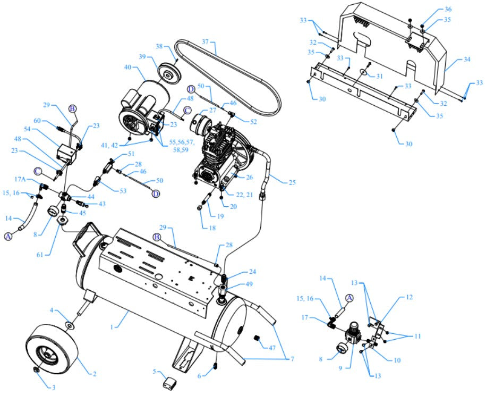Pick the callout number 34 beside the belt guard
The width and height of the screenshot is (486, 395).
(x=467, y=60)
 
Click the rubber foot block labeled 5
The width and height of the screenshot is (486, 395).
(x=170, y=382)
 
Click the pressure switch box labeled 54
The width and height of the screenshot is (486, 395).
(x=67, y=155)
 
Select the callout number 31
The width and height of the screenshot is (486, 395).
(x=379, y=76)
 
